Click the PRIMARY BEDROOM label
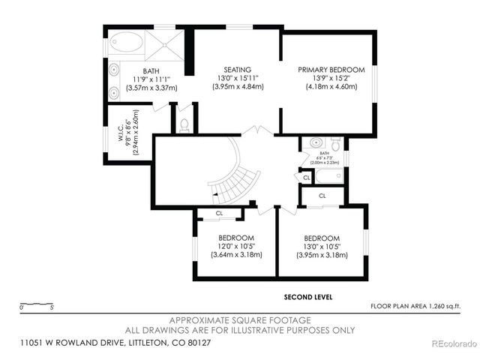tap(327, 69)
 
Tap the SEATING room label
tap(238, 69)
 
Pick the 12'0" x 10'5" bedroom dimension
tap(236, 245)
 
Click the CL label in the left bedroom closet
tap(219, 214)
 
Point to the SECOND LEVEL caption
tap(308, 297)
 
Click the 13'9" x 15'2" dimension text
tap(327, 77)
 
